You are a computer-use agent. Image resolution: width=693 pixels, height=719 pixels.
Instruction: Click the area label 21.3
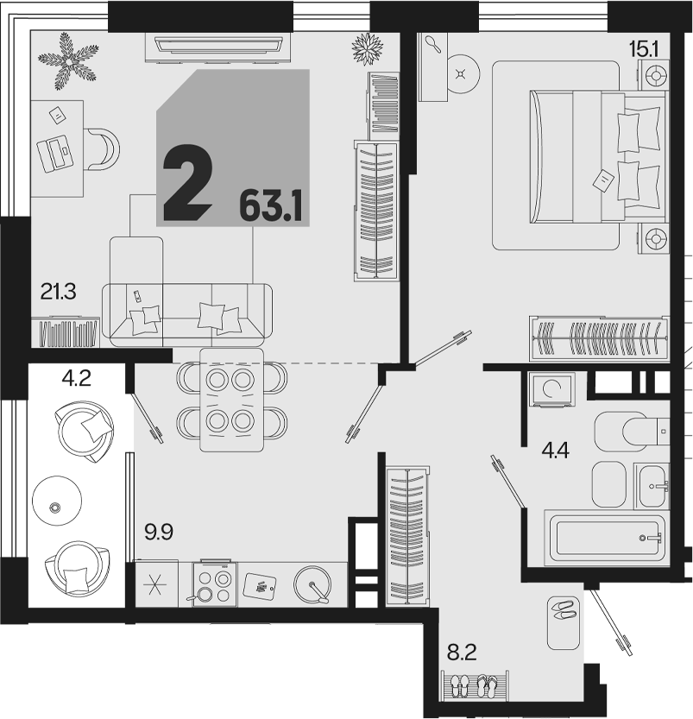click(x=58, y=292)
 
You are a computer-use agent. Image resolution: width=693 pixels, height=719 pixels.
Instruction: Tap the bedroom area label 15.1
click(x=644, y=49)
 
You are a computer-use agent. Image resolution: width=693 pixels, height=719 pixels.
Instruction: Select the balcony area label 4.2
click(x=77, y=379)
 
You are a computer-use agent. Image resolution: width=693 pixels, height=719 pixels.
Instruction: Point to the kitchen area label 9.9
click(x=159, y=533)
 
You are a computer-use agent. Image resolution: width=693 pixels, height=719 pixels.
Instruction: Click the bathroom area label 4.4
click(x=555, y=451)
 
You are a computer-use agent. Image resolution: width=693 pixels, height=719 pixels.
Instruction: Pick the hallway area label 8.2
click(x=462, y=652)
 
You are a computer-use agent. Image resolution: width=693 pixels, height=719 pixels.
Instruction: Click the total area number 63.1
click(x=271, y=207)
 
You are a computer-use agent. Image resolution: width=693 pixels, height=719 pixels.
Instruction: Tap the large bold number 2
click(x=188, y=181)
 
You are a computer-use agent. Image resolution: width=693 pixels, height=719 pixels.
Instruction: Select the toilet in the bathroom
click(x=632, y=431)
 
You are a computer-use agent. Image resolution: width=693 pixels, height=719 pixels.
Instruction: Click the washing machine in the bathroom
click(x=551, y=389)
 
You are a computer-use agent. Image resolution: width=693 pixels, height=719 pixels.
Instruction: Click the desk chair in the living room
click(x=102, y=149)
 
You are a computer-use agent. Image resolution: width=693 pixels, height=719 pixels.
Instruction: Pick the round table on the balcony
click(x=57, y=500)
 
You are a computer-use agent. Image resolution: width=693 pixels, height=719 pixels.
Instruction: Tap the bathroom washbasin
click(x=652, y=486)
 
